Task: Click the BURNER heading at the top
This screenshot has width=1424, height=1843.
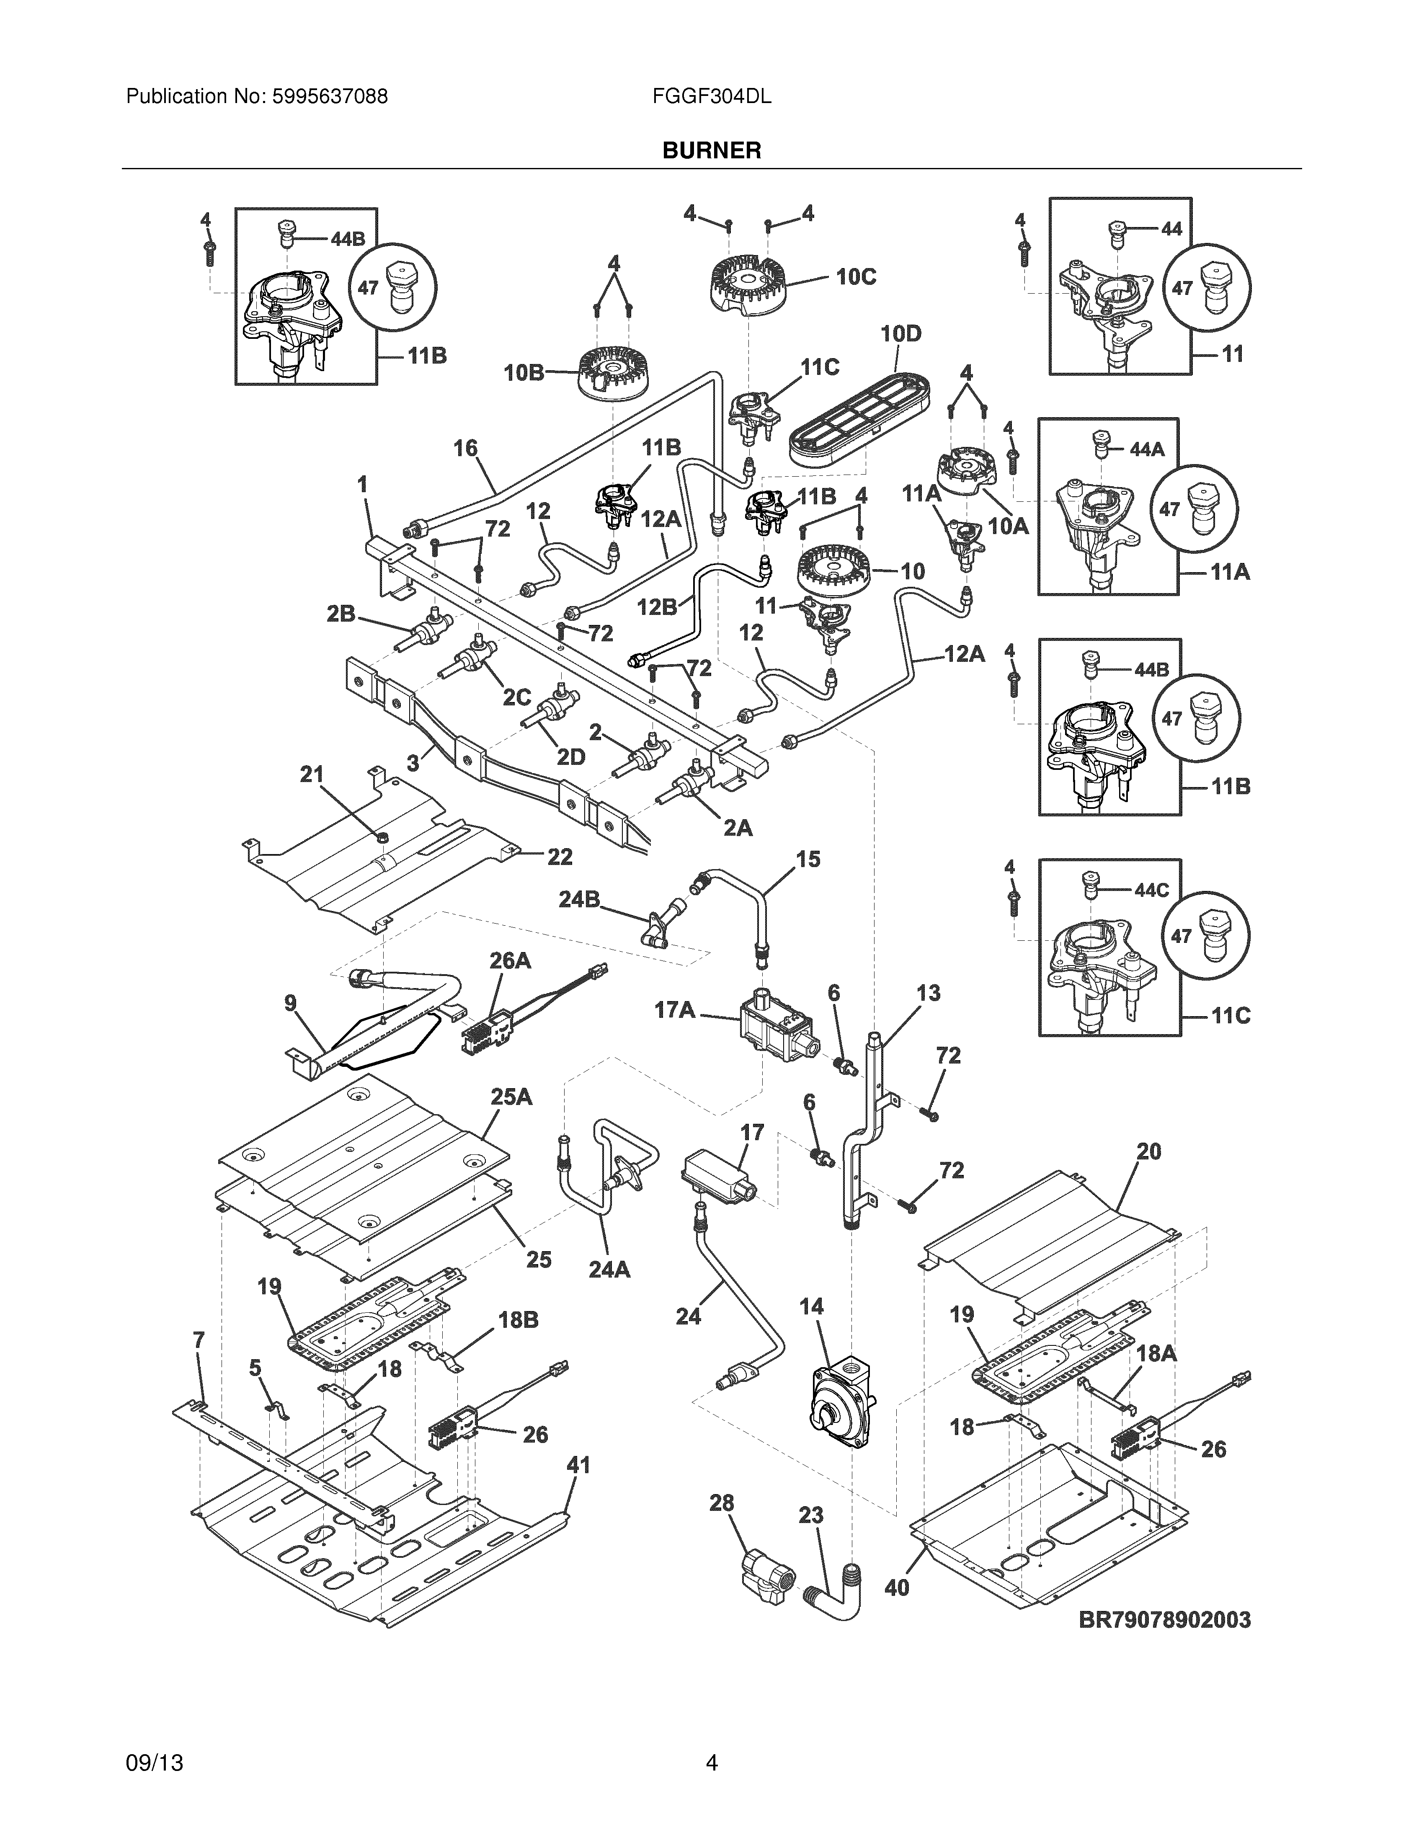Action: (711, 151)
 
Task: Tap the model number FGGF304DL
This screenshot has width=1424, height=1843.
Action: (711, 97)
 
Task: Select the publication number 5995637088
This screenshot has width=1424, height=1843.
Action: (330, 97)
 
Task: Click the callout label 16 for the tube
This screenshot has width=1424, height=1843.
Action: (466, 448)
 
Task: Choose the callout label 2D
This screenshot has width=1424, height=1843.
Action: (571, 757)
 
